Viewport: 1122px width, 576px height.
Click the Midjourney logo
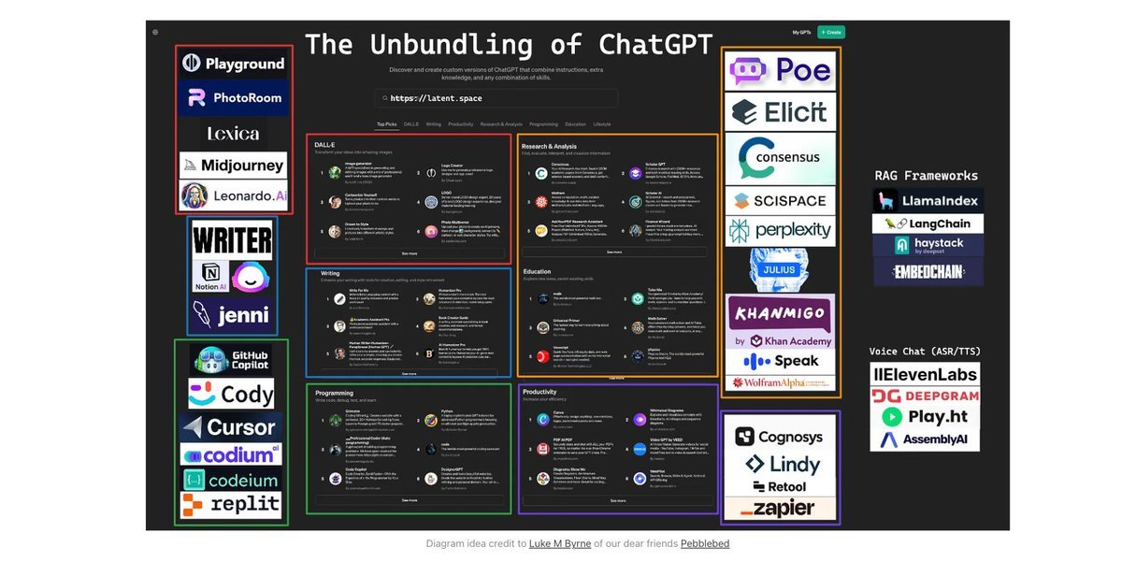click(233, 166)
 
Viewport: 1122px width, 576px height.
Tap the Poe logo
click(781, 70)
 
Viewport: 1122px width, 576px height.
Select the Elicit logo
click(781, 112)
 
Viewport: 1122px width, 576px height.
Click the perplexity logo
click(781, 230)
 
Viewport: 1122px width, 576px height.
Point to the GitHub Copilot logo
click(232, 359)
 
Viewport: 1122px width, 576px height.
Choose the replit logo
click(232, 505)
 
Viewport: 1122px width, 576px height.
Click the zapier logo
click(781, 509)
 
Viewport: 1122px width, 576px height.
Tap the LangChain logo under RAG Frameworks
click(928, 223)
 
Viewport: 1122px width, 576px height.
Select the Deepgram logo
click(925, 396)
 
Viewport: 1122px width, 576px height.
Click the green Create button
click(830, 32)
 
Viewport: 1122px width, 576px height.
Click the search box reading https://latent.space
click(496, 98)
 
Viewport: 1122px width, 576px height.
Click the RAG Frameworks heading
click(926, 176)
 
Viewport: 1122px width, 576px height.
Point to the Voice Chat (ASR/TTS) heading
click(925, 352)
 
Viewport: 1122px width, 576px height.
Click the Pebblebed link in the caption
click(705, 543)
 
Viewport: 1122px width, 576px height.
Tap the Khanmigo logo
click(781, 313)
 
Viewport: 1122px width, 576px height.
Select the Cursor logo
click(232, 427)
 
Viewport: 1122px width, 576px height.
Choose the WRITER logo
click(232, 240)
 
